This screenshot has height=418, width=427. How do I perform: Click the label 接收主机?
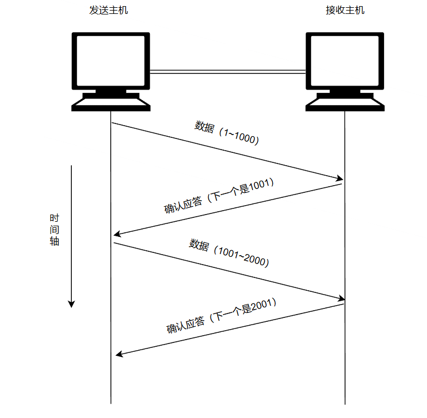[x=345, y=11]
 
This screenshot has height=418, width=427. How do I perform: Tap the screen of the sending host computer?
[x=111, y=59]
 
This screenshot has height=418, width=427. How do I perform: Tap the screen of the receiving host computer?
[x=345, y=59]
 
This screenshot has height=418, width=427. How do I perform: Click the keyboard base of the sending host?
[x=111, y=104]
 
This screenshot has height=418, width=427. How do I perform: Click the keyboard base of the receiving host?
[x=345, y=104]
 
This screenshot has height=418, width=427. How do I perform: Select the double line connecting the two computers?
[x=228, y=71]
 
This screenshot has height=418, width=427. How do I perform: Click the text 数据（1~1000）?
[x=227, y=133]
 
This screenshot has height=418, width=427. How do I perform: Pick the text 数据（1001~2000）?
[x=229, y=252]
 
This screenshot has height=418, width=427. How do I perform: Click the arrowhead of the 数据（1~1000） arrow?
[x=339, y=179]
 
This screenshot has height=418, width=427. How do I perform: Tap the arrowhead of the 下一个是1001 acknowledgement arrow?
[x=117, y=235]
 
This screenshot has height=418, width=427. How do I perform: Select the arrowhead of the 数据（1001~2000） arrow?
[x=340, y=299]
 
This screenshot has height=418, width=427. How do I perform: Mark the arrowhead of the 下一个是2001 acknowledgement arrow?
[x=118, y=354]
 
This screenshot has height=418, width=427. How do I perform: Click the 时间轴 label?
[x=54, y=230]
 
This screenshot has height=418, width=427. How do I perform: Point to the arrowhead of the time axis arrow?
[x=71, y=303]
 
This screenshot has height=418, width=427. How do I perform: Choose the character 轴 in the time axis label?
[x=54, y=242]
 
